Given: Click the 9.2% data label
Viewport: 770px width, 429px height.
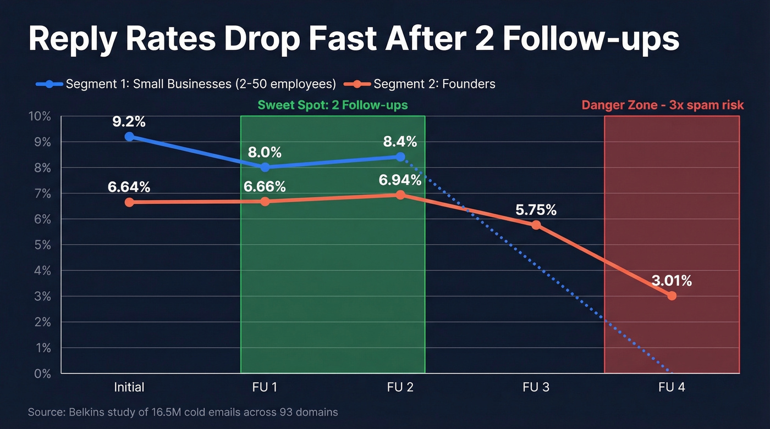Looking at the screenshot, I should [129, 121].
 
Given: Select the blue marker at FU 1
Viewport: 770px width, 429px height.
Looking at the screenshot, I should [265, 167].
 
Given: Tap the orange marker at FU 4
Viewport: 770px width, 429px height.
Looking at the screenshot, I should [672, 296].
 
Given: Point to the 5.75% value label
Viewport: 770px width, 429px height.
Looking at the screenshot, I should [536, 210].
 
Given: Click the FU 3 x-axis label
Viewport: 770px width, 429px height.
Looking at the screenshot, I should [536, 387].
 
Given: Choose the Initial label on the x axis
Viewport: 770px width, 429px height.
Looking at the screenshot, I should [129, 387].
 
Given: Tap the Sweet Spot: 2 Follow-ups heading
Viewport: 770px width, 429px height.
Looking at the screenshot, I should [333, 104].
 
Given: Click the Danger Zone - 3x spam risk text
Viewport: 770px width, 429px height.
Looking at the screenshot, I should [662, 104].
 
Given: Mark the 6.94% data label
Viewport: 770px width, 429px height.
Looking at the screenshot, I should [400, 180].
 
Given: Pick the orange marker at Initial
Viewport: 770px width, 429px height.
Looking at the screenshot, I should [129, 202].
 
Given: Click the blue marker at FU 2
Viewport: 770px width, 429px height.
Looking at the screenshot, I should [400, 157].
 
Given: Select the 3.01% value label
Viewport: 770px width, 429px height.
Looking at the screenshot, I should [672, 281].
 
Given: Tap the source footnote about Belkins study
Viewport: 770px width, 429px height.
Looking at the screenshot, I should [183, 411].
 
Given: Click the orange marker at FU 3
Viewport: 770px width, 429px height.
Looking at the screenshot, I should [536, 225].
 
